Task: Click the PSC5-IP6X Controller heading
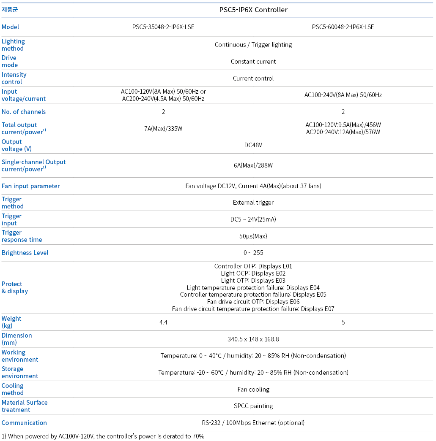tap(253, 10)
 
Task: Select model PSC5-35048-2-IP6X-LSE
tap(163, 27)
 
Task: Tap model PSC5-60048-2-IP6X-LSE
tap(343, 27)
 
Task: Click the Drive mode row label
tap(9, 61)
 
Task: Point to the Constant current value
tap(253, 62)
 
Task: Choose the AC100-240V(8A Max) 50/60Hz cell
tap(343, 95)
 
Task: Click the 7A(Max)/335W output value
tap(163, 129)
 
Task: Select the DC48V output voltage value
tap(253, 145)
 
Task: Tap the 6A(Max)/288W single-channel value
tap(253, 165)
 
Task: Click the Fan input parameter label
tap(31, 186)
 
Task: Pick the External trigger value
tap(253, 203)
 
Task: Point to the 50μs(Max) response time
tap(253, 236)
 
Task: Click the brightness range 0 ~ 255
tap(253, 253)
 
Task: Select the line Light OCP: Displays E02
tap(253, 273)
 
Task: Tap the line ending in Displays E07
tap(253, 309)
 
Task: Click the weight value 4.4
tap(163, 322)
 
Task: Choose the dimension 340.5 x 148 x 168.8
tap(253, 339)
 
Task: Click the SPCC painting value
tap(253, 406)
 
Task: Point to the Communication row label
tap(24, 423)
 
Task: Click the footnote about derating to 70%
tap(103, 436)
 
